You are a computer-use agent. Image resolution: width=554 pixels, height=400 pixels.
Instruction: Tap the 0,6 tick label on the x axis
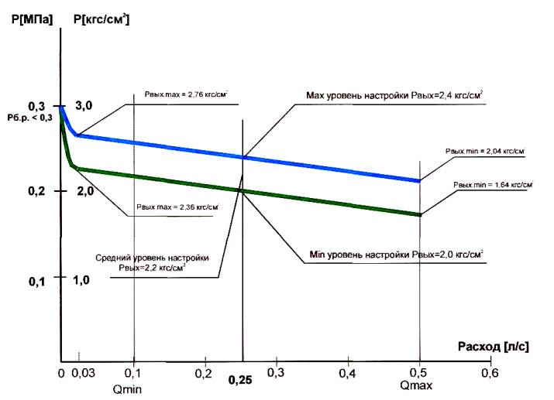488,374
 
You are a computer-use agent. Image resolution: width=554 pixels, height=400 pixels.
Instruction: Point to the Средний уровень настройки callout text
162,262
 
